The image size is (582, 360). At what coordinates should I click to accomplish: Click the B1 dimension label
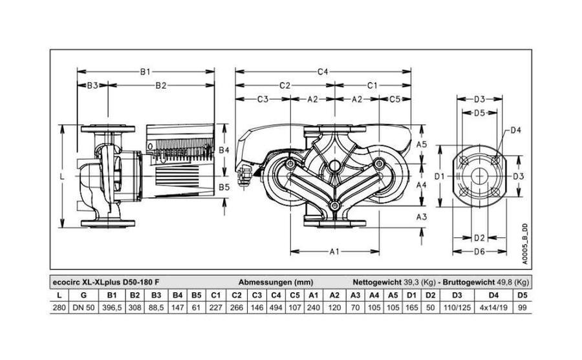pos(145,72)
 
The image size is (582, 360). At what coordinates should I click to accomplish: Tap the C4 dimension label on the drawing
pos(323,72)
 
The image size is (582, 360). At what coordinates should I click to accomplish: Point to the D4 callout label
pos(515,130)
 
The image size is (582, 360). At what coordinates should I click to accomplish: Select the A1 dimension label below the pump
pos(334,251)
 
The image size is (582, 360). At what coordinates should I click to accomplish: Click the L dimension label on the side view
pos(62,176)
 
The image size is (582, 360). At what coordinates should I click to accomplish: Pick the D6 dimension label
pos(480,251)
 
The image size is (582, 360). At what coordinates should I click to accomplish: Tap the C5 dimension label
pos(395,99)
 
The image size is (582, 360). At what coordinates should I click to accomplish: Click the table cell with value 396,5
pos(112,308)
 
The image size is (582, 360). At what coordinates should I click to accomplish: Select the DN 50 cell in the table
pos(84,308)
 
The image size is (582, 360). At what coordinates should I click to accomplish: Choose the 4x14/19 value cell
pos(493,308)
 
